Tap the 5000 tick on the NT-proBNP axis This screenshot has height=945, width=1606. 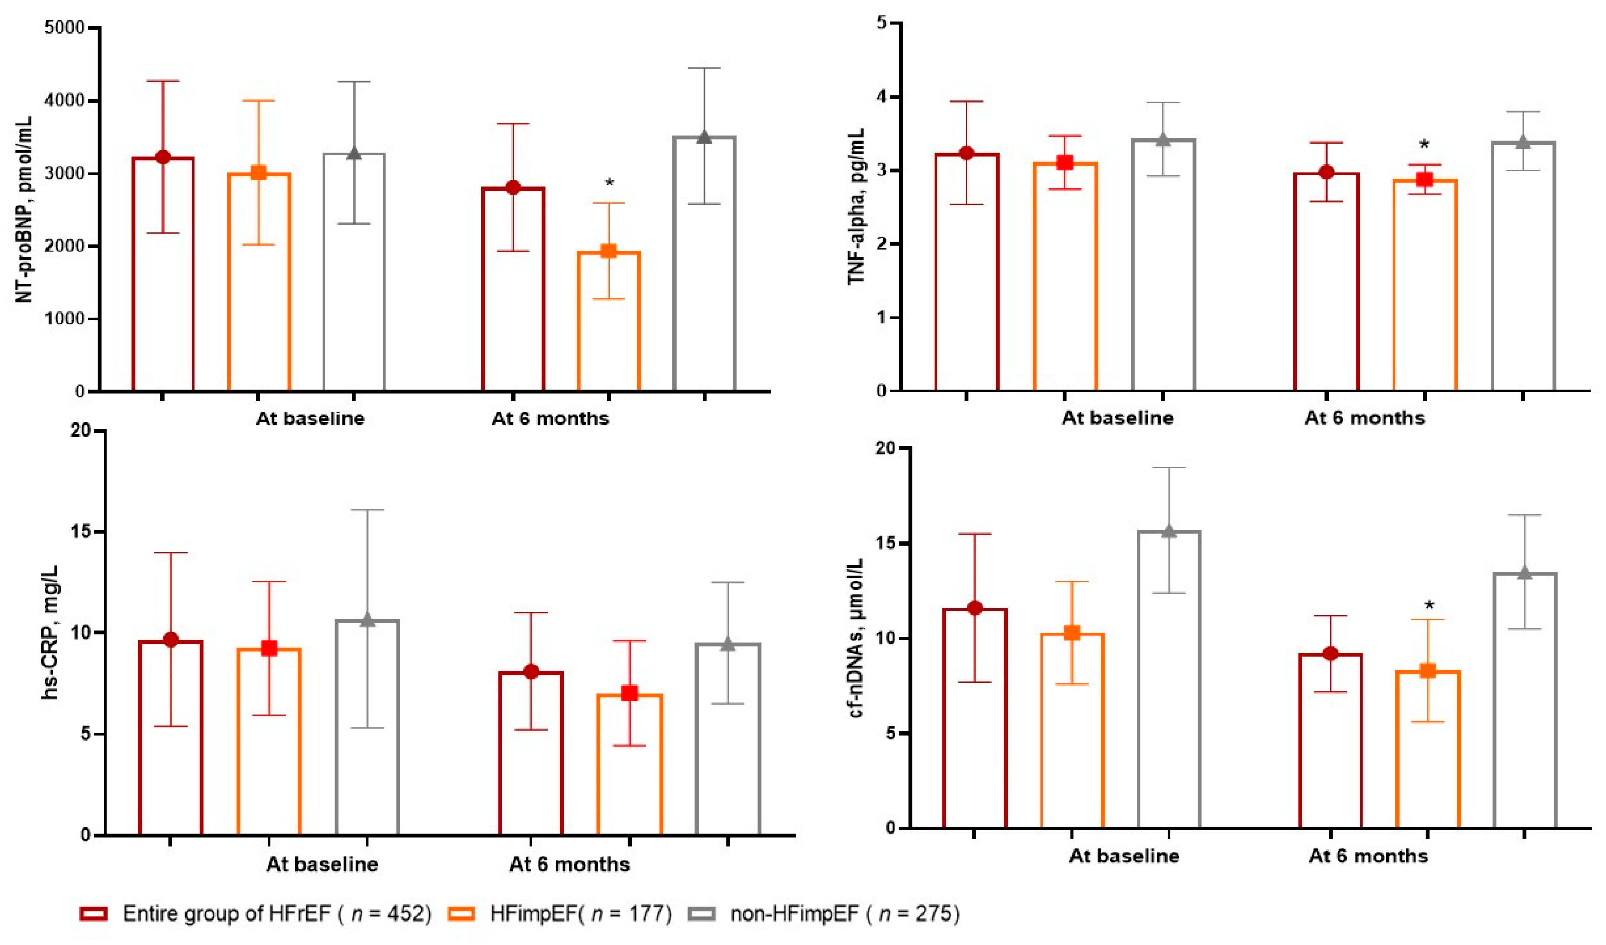(65, 28)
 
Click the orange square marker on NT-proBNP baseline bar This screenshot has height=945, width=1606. (259, 173)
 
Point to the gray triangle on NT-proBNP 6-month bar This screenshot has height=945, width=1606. (704, 137)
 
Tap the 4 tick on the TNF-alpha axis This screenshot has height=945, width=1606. (882, 97)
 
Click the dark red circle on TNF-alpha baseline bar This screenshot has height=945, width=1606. (967, 153)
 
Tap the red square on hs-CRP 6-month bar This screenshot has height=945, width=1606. (630, 693)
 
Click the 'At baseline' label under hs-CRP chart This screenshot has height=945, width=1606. (322, 865)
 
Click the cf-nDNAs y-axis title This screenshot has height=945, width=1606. (856, 637)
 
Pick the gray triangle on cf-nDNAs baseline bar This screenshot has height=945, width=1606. (1168, 531)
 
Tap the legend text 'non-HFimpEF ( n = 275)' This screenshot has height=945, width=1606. (845, 914)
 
